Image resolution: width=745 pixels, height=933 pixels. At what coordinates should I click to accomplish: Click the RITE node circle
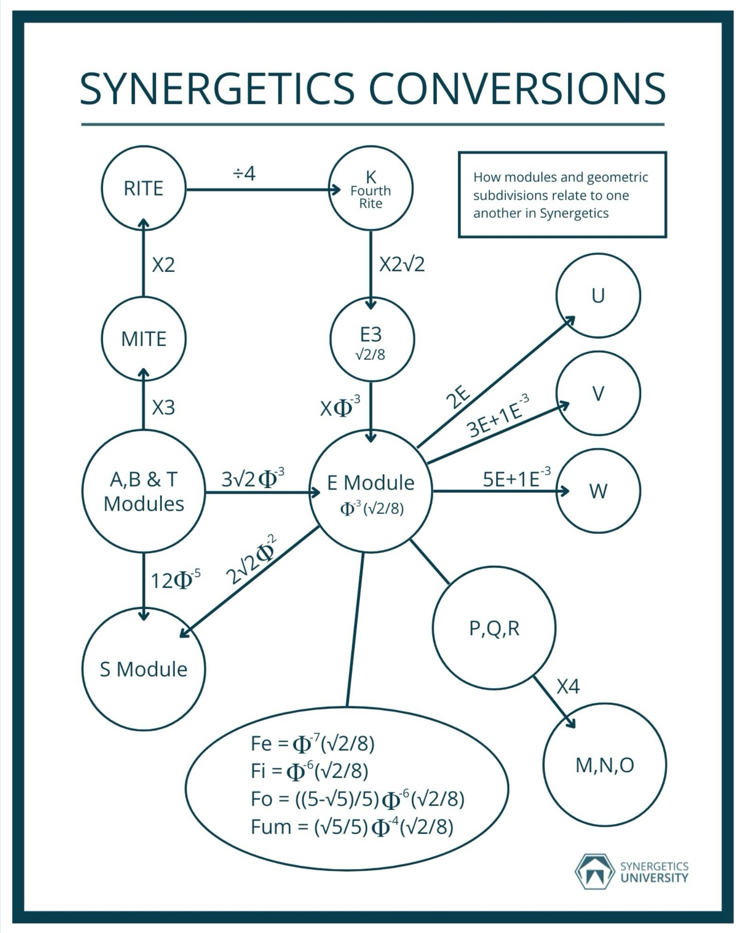[x=143, y=188]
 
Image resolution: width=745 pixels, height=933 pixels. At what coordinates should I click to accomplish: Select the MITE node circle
[x=143, y=339]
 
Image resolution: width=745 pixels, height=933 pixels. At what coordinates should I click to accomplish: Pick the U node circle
[x=598, y=295]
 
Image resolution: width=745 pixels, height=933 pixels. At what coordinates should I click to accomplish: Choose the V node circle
[x=598, y=393]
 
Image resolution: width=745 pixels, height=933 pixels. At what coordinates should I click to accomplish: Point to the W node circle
[x=598, y=491]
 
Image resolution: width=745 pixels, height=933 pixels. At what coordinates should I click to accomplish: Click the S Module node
[x=143, y=669]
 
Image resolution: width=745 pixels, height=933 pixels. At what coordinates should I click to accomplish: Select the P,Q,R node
[x=494, y=628]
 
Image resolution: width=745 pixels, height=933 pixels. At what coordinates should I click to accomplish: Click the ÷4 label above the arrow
[x=244, y=174]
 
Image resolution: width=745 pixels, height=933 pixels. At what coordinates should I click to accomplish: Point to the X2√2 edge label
[x=402, y=264]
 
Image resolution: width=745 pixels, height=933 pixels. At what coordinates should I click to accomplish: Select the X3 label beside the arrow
[x=163, y=407]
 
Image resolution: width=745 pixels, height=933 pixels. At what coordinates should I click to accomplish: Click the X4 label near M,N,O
[x=568, y=687]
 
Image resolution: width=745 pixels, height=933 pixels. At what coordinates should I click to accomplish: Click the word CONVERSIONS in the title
[x=517, y=89]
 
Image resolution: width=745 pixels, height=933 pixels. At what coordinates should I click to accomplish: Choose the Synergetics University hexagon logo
[x=595, y=871]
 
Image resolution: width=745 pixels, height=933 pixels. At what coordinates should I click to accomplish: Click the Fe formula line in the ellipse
[x=312, y=743]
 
